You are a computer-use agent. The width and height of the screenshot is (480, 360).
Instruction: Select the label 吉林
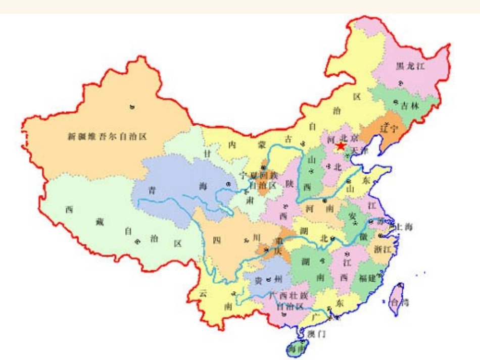tap(410, 106)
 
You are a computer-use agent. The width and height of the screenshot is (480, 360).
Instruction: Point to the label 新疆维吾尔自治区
tap(107, 136)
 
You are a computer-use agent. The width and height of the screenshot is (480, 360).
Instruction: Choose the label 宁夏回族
tap(258, 176)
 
